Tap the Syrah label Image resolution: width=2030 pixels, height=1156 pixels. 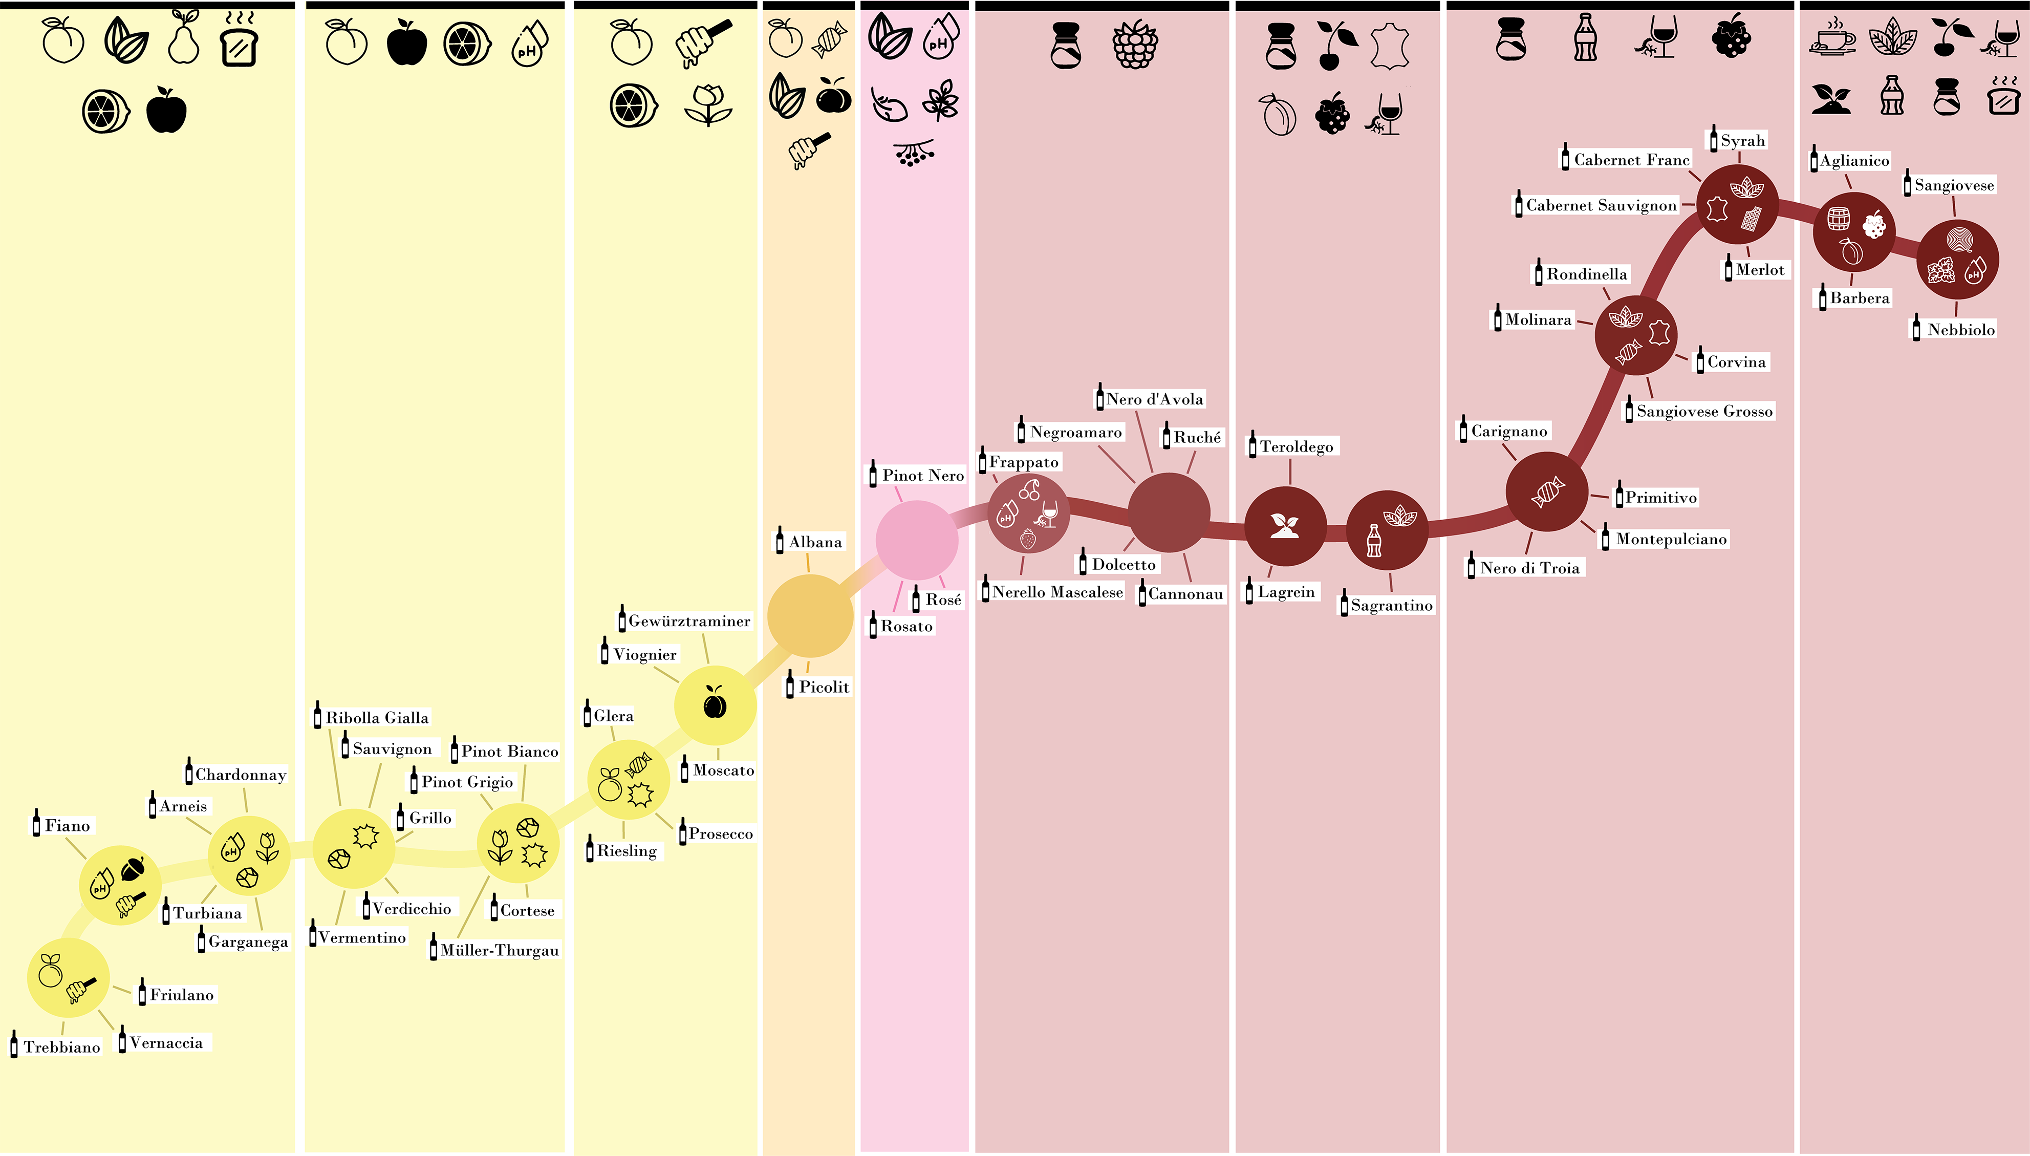click(1742, 140)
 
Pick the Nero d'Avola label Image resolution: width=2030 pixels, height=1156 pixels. click(1154, 399)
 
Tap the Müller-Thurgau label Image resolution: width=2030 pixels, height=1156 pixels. click(499, 950)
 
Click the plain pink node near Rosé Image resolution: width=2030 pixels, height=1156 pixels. click(917, 540)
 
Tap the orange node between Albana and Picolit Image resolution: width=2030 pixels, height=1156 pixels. click(809, 615)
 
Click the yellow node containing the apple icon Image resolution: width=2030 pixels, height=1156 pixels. click(714, 705)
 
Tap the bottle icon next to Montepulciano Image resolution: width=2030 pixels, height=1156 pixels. click(1606, 538)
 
